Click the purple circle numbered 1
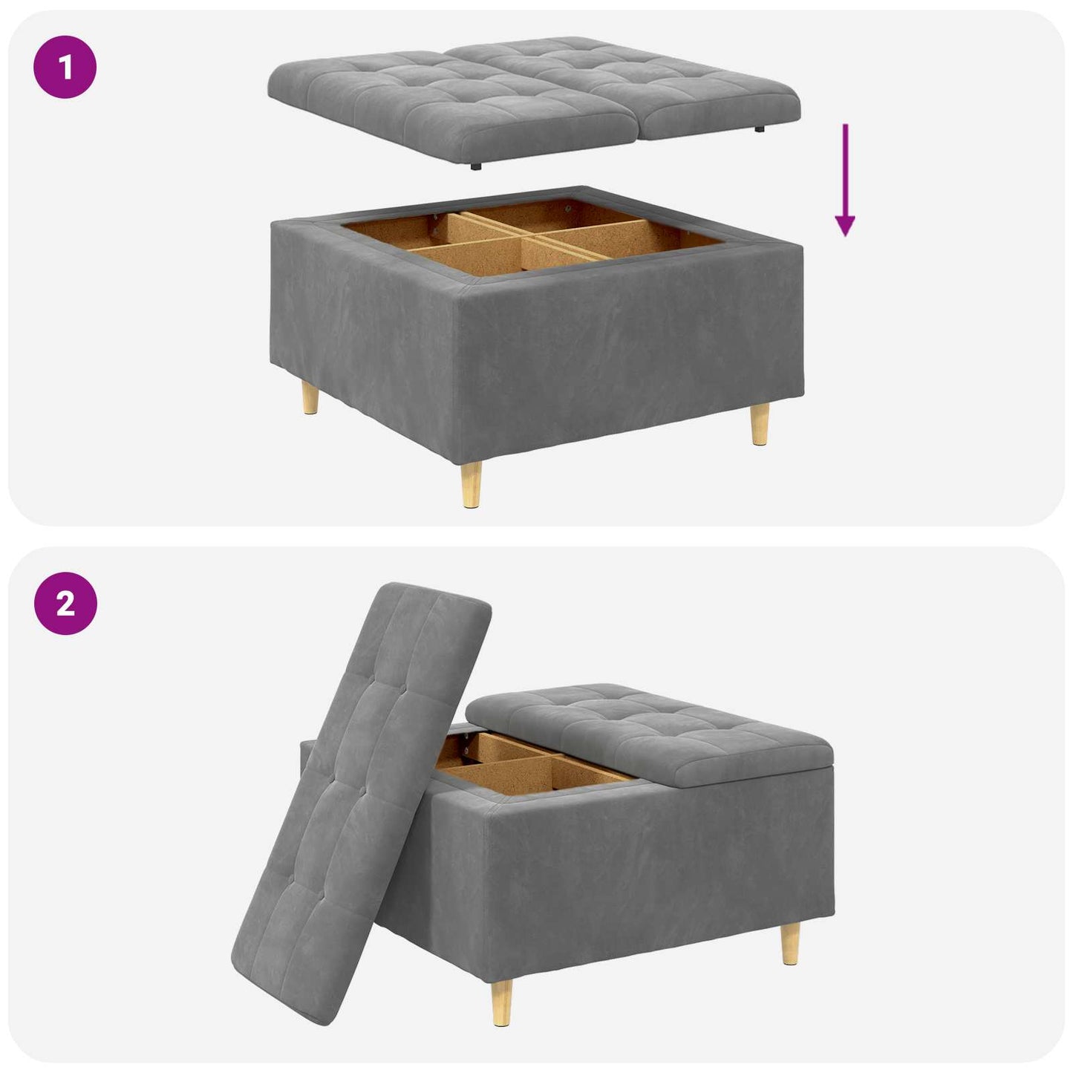pos(65,68)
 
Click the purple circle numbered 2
pos(65,604)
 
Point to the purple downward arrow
pos(845,180)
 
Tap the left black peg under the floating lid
pos(475,166)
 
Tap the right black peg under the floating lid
pos(760,128)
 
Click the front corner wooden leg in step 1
pos(471,484)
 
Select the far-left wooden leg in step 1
pos(310,397)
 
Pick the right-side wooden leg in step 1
pos(760,424)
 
